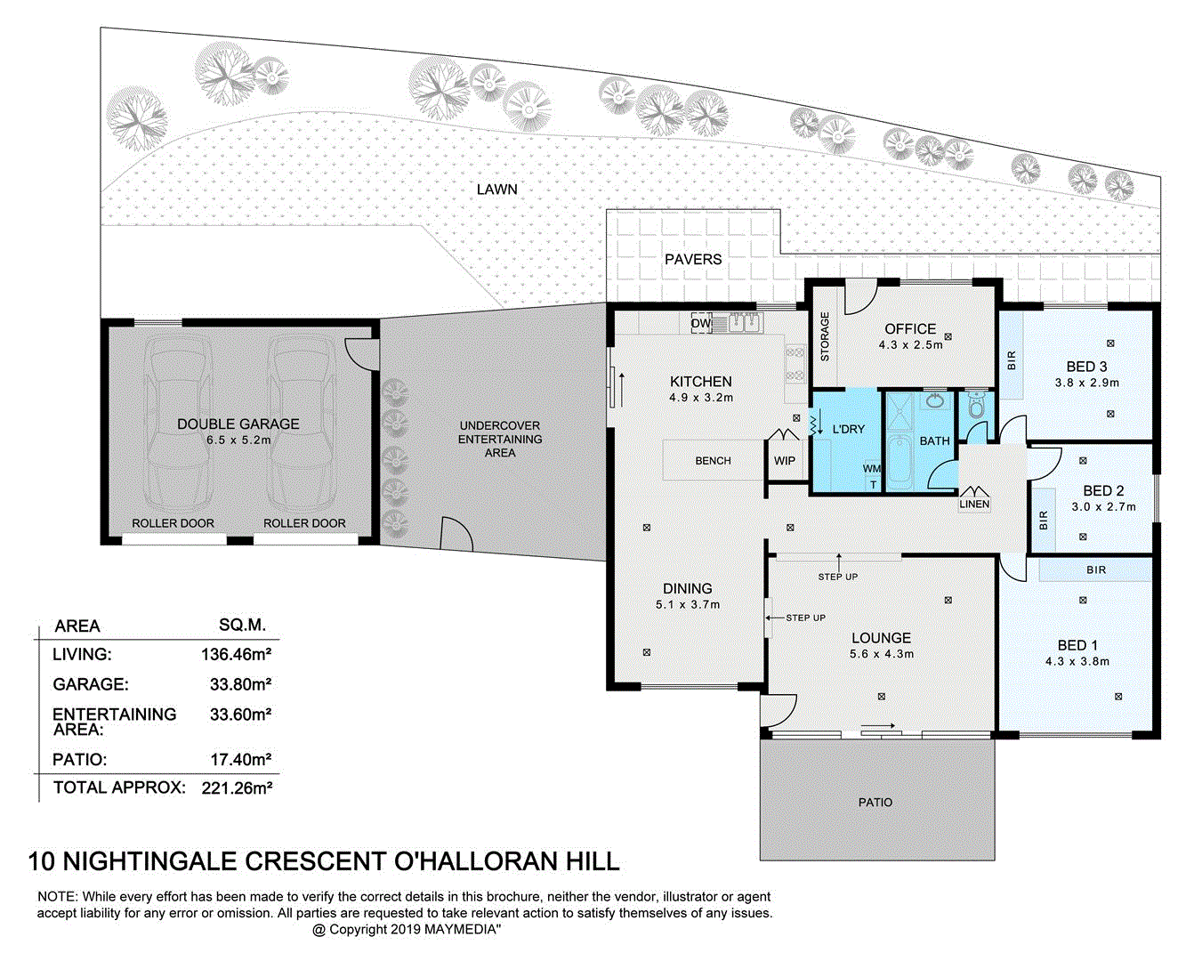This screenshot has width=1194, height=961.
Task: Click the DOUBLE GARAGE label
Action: tap(238, 424)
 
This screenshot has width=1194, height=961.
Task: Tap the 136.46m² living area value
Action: tap(236, 655)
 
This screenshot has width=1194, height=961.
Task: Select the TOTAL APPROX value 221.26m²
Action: tap(236, 787)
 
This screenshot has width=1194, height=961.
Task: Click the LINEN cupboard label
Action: tap(974, 504)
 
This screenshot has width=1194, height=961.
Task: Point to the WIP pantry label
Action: tap(784, 461)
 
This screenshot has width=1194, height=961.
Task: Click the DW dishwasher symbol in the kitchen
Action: tap(701, 323)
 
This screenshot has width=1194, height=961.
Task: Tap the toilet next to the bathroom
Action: tap(976, 406)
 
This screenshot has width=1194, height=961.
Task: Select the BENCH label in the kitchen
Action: tap(713, 461)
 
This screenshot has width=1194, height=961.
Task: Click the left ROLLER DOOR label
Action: tap(173, 523)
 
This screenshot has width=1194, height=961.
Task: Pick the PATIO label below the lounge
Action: tap(875, 803)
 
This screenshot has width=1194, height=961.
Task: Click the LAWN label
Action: tap(496, 190)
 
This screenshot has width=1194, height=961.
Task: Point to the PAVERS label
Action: tap(693, 260)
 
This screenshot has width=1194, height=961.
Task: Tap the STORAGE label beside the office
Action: tap(825, 336)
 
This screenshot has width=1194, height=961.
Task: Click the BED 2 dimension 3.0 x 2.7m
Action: tap(1103, 507)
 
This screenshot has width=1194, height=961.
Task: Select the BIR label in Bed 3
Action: tap(1012, 360)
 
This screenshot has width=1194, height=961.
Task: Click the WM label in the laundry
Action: tap(872, 469)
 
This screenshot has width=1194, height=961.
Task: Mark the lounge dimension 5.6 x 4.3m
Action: tap(881, 654)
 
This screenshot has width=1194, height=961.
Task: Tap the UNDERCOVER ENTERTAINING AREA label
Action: tap(500, 439)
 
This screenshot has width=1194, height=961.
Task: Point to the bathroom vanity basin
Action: tap(934, 401)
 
